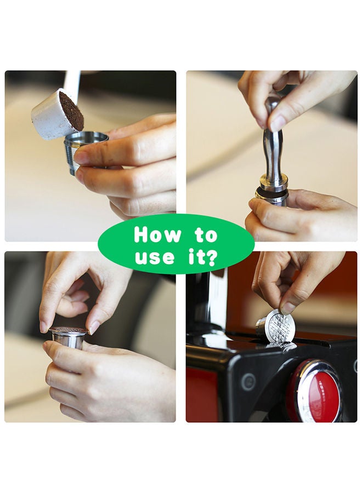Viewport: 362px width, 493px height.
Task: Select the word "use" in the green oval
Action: pyautogui.click(x=155, y=256)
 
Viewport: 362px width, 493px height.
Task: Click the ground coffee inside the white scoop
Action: pyautogui.click(x=71, y=111)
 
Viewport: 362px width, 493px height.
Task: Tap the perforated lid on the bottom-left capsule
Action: pyautogui.click(x=69, y=330)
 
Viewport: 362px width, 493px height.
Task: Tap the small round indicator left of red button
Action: pyautogui.click(x=248, y=382)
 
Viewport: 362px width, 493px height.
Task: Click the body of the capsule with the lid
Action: pyautogui.click(x=67, y=342)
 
